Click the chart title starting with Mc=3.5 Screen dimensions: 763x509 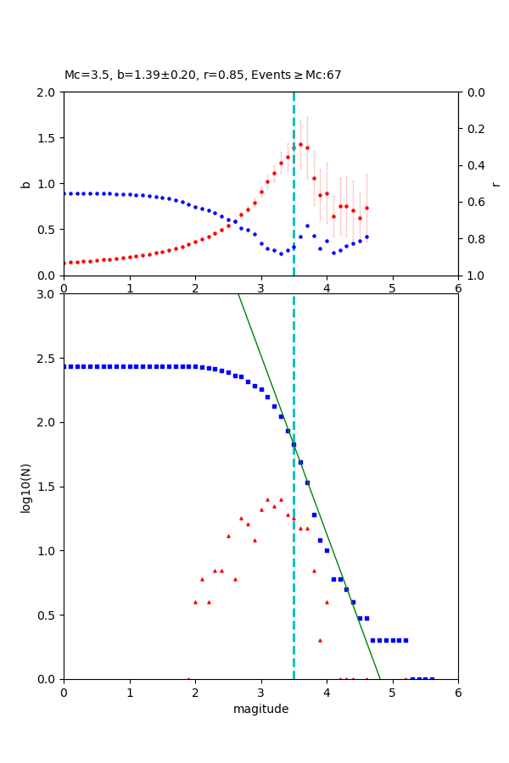203,75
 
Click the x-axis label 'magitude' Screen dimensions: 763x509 260,709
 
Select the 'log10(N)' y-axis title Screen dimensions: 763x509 25,487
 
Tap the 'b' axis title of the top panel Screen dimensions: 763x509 25,183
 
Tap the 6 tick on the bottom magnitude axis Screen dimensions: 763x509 458,693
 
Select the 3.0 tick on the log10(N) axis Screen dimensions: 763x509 48,294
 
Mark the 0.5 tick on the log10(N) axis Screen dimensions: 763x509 48,615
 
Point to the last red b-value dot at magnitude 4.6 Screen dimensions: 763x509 366,208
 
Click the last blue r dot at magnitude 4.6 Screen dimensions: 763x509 366,237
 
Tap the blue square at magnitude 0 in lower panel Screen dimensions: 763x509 64,366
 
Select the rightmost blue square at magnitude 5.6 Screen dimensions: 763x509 432,678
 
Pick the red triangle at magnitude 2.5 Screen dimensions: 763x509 228,536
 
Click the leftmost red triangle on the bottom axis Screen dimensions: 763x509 188,678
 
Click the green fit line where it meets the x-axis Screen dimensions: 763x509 379,678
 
